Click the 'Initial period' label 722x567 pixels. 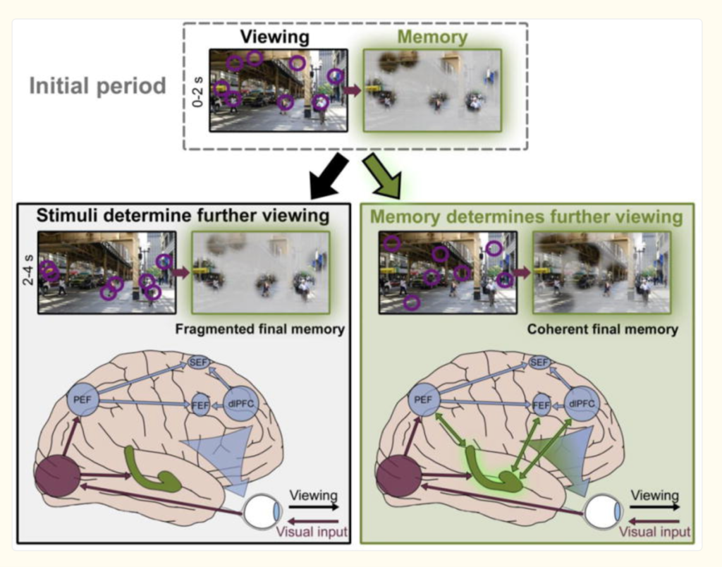[x=97, y=86]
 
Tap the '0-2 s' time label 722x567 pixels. [x=199, y=90]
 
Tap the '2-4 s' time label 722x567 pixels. [x=27, y=273]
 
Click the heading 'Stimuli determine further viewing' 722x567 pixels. [x=183, y=216]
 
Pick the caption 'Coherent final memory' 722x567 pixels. [x=602, y=329]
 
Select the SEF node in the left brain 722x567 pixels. [x=198, y=362]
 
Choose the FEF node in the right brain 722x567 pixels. [x=541, y=406]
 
